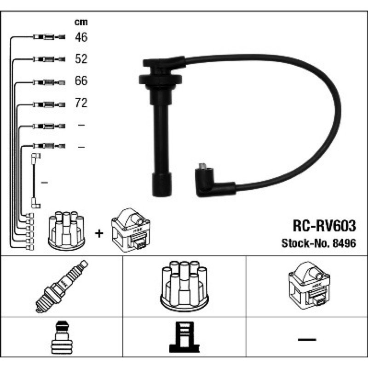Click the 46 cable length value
click(x=81, y=37)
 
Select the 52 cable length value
click(x=81, y=59)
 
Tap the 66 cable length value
click(x=81, y=80)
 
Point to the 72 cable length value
click(x=81, y=103)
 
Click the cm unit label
click(x=81, y=22)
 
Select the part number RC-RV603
click(x=324, y=226)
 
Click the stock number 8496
click(x=345, y=243)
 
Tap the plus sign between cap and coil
click(x=99, y=234)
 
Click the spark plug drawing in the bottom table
click(x=62, y=287)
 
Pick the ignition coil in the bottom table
click(x=309, y=285)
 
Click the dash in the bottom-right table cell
click(x=307, y=339)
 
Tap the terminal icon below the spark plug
click(x=62, y=337)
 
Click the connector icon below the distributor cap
click(x=184, y=337)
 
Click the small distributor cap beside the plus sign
click(x=66, y=230)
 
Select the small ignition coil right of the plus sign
click(x=131, y=230)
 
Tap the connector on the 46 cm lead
click(x=49, y=37)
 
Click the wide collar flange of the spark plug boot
click(x=161, y=79)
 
